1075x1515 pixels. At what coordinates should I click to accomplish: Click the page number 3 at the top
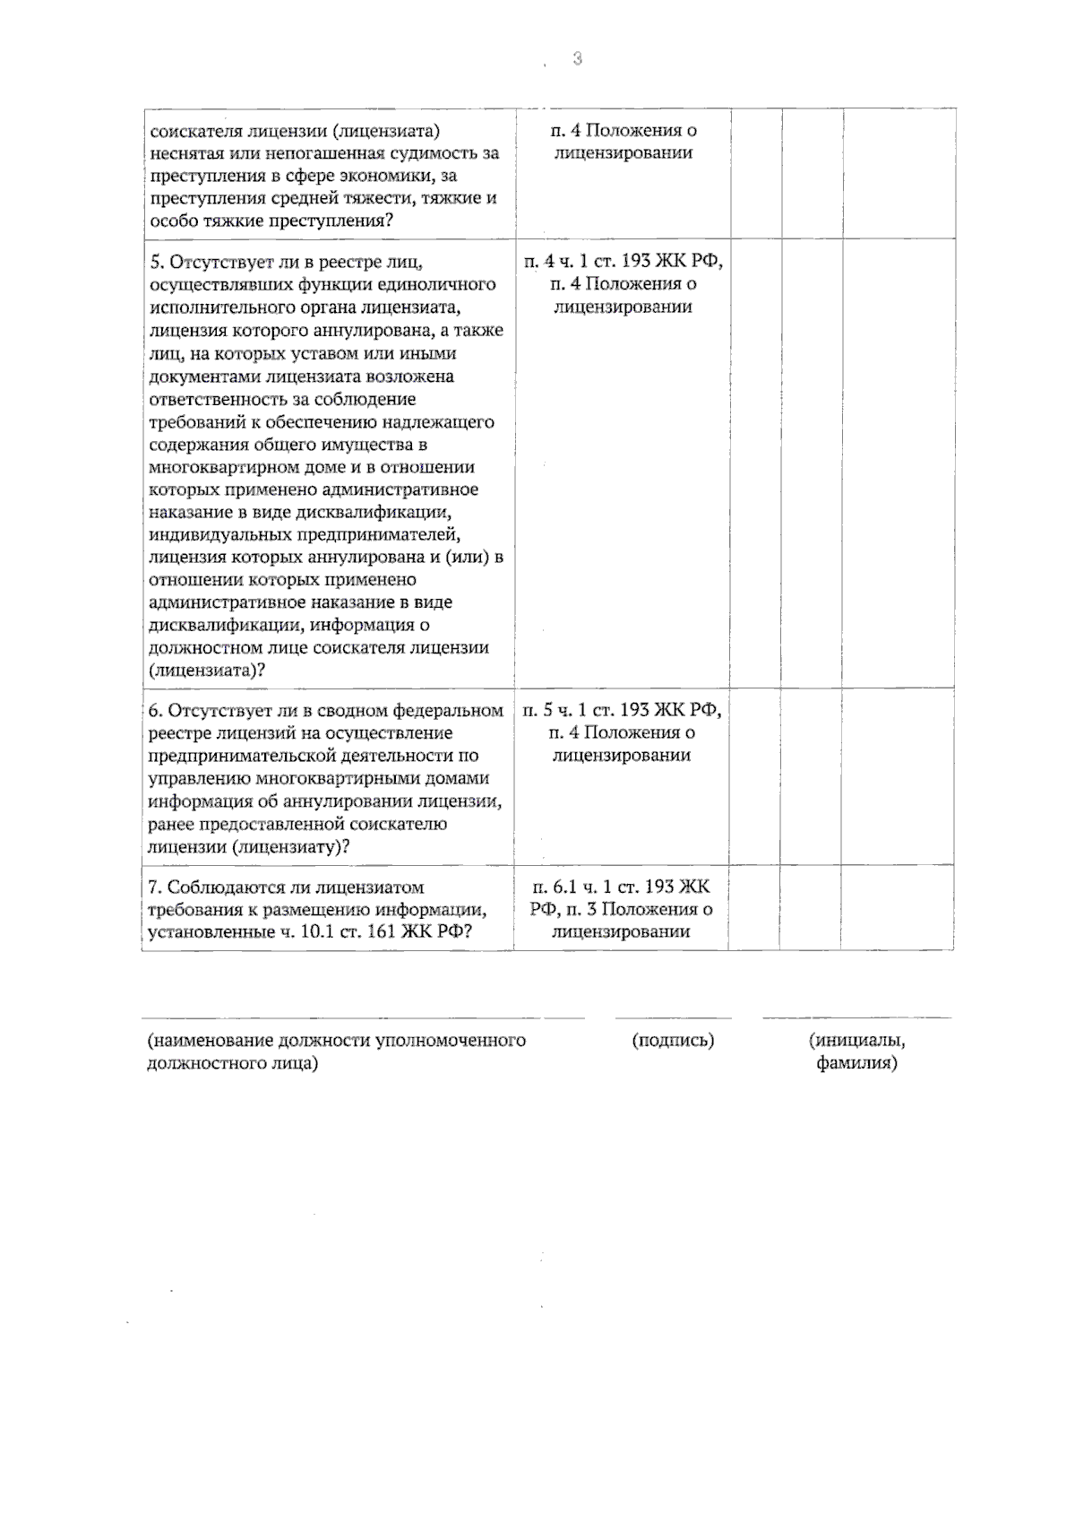pyautogui.click(x=577, y=59)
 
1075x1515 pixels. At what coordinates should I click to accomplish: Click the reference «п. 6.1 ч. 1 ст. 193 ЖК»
pyautogui.click(x=621, y=887)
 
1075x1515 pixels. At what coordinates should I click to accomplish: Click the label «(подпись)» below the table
pyautogui.click(x=673, y=1041)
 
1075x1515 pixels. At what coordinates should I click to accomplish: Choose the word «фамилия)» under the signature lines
pyautogui.click(x=856, y=1064)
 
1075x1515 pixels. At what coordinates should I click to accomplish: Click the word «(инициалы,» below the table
pyautogui.click(x=856, y=1041)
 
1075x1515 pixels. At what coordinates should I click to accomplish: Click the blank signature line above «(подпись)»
pyautogui.click(x=673, y=1018)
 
